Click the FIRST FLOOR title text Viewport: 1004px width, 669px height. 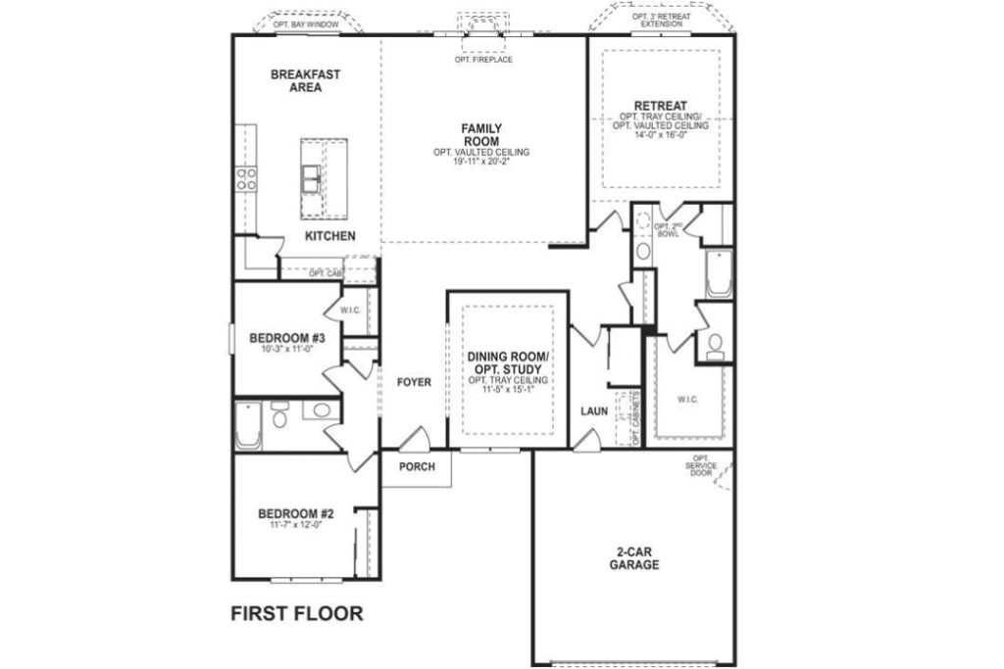(x=296, y=614)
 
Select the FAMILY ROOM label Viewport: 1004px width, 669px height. (x=481, y=134)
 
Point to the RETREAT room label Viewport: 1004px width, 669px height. (x=660, y=106)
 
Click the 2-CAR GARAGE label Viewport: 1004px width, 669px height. (x=633, y=558)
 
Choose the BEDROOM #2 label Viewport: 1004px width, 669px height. (x=296, y=513)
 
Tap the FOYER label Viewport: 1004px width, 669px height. (x=414, y=382)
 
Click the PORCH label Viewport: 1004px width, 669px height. (x=417, y=467)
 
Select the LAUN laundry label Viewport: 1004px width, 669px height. (x=593, y=411)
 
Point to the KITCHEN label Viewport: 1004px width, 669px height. (x=329, y=237)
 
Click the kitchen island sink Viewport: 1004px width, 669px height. (x=312, y=176)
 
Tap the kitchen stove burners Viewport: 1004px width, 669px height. (x=245, y=177)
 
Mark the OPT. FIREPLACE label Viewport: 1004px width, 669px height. (x=482, y=60)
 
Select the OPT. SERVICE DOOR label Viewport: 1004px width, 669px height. (x=701, y=465)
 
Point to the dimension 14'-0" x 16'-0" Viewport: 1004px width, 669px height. (x=660, y=134)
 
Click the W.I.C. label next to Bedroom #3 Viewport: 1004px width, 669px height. (x=352, y=311)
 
